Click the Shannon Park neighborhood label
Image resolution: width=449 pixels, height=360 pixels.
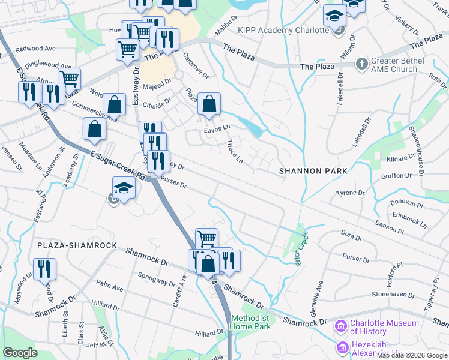coord(313,172)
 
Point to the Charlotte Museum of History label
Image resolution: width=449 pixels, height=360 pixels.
coord(384,327)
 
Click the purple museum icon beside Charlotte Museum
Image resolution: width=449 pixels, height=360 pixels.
coord(340,327)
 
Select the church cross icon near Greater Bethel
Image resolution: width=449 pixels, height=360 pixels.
coord(361,62)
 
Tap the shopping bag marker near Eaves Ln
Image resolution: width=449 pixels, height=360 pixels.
coord(208,104)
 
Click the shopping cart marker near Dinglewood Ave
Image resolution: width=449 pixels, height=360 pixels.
coord(70,78)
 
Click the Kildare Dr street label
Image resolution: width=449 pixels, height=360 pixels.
coord(402,158)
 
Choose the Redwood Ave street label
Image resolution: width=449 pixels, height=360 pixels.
coord(35,49)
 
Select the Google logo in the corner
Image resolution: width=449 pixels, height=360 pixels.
coord(20,353)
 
